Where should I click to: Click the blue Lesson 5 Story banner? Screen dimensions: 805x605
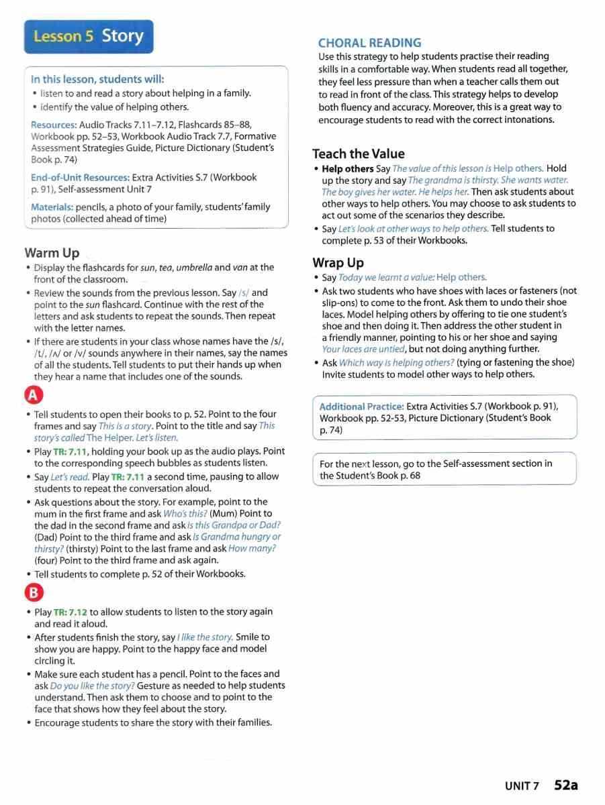click(89, 37)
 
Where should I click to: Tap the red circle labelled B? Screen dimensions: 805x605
click(34, 592)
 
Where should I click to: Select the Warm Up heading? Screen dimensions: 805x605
click(52, 253)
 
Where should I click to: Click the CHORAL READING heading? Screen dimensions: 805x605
click(369, 43)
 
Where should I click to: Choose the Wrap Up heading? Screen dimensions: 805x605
click(338, 262)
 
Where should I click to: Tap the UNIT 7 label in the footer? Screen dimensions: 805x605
click(522, 786)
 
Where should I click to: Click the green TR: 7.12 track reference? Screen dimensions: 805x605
click(71, 612)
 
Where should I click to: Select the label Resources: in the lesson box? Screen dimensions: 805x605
click(54, 125)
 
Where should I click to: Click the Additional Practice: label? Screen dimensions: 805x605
click(361, 407)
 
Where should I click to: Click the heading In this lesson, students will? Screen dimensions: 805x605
click(97, 79)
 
